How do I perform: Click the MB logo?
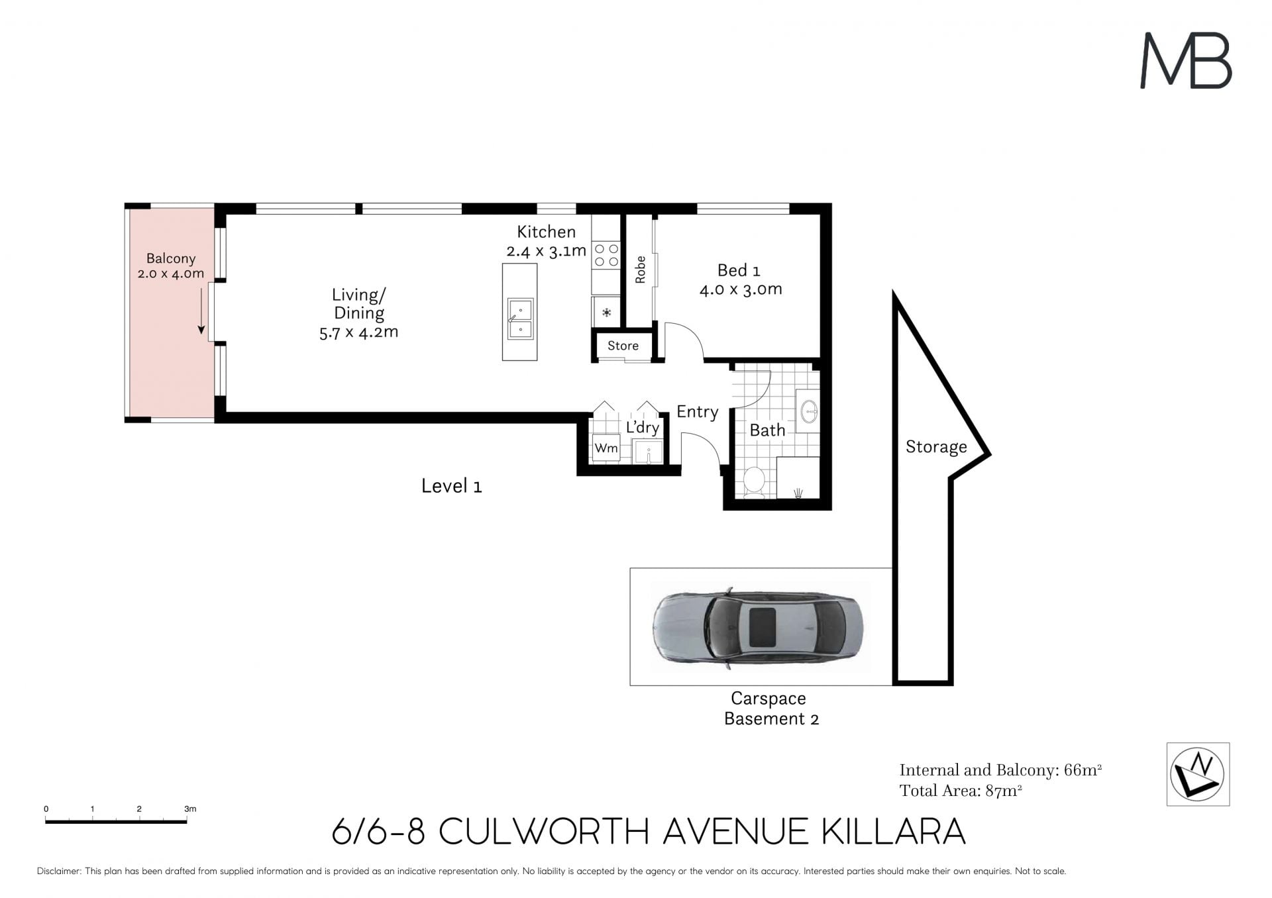[1186, 60]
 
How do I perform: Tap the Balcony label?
[171, 258]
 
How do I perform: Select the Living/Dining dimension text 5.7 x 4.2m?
[358, 332]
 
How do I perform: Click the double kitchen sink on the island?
[520, 319]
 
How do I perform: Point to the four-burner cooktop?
[606, 255]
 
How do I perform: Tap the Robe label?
[640, 270]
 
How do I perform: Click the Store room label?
[623, 346]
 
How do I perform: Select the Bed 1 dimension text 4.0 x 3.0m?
[741, 289]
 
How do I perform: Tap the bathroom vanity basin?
[809, 411]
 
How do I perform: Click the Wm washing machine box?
[606, 448]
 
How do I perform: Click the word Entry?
[697, 412]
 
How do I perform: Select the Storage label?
[936, 447]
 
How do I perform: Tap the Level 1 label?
[451, 486]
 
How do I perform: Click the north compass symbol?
[1198, 774]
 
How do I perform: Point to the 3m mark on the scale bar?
[187, 821]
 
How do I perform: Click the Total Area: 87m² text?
[961, 791]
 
